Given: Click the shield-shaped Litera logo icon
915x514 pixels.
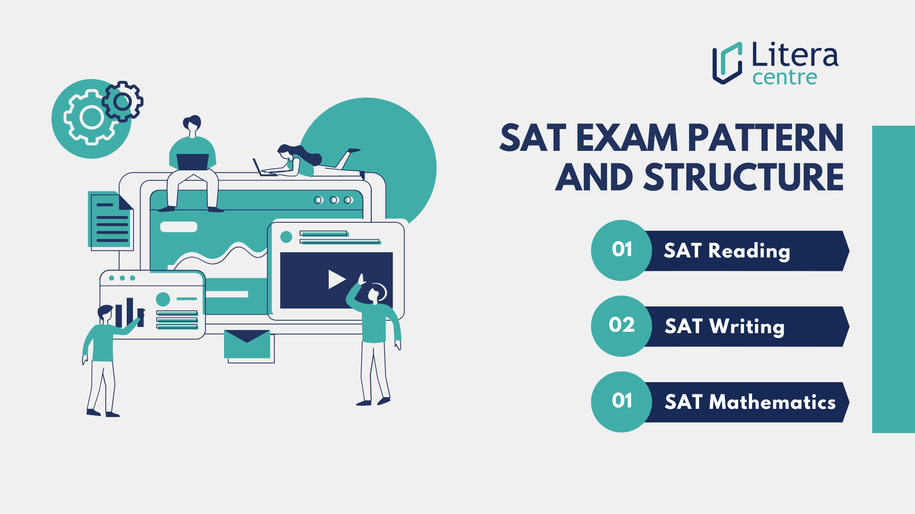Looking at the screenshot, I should tap(727, 63).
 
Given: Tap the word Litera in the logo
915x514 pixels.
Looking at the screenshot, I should tap(794, 55).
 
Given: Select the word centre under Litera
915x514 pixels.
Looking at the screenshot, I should tap(784, 78).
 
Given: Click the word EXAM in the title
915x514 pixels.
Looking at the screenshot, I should tap(626, 138).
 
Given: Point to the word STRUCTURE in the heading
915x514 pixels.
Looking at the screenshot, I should tap(743, 178).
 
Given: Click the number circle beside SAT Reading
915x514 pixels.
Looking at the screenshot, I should tap(621, 250).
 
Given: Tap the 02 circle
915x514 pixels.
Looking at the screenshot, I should tap(621, 326).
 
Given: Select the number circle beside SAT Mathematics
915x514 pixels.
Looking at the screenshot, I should tap(621, 402).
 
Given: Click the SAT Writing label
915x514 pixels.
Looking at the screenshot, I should tap(724, 326).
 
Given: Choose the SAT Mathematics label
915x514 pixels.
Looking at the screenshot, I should tap(750, 402).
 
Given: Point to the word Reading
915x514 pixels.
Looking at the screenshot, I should tap(749, 251).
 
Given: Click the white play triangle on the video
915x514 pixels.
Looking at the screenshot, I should tap(336, 279).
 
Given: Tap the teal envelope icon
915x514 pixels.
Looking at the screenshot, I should tap(247, 344).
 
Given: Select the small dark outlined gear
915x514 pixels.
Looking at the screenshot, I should tap(123, 101).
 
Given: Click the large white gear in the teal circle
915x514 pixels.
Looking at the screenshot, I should tap(91, 118).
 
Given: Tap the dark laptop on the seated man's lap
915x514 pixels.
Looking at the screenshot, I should tap(193, 162).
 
